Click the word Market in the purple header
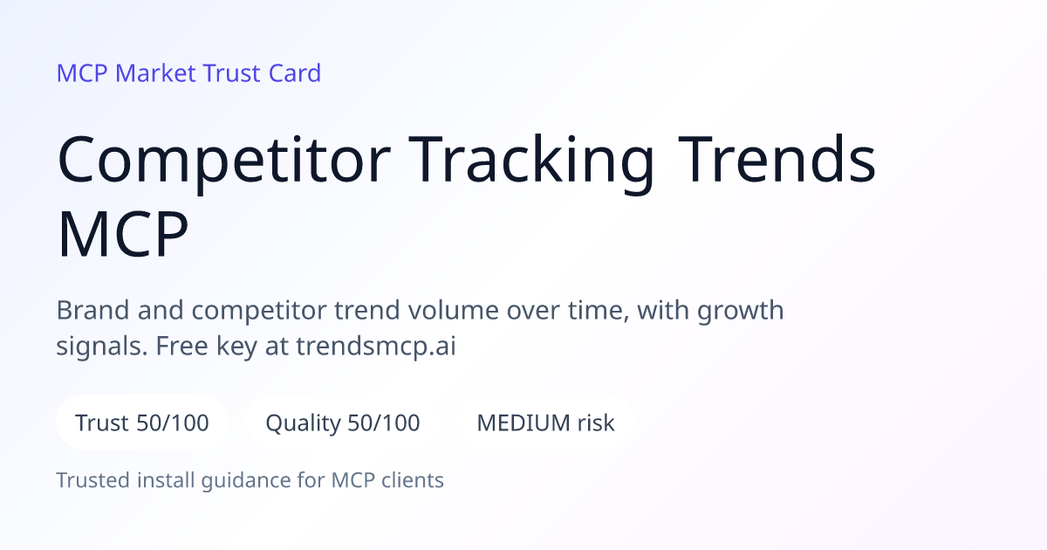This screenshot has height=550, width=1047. [155, 73]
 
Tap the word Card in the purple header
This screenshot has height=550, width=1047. [295, 73]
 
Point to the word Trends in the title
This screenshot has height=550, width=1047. [777, 159]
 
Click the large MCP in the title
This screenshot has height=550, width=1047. [123, 234]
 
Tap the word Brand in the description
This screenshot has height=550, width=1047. [92, 310]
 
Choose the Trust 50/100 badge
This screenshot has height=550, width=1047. [142, 423]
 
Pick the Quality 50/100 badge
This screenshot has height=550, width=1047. [343, 423]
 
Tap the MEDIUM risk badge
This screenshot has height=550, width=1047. [545, 423]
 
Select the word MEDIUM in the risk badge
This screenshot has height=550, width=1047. [523, 423]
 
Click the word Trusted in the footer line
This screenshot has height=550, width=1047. [93, 480]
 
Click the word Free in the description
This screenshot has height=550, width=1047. [181, 346]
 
